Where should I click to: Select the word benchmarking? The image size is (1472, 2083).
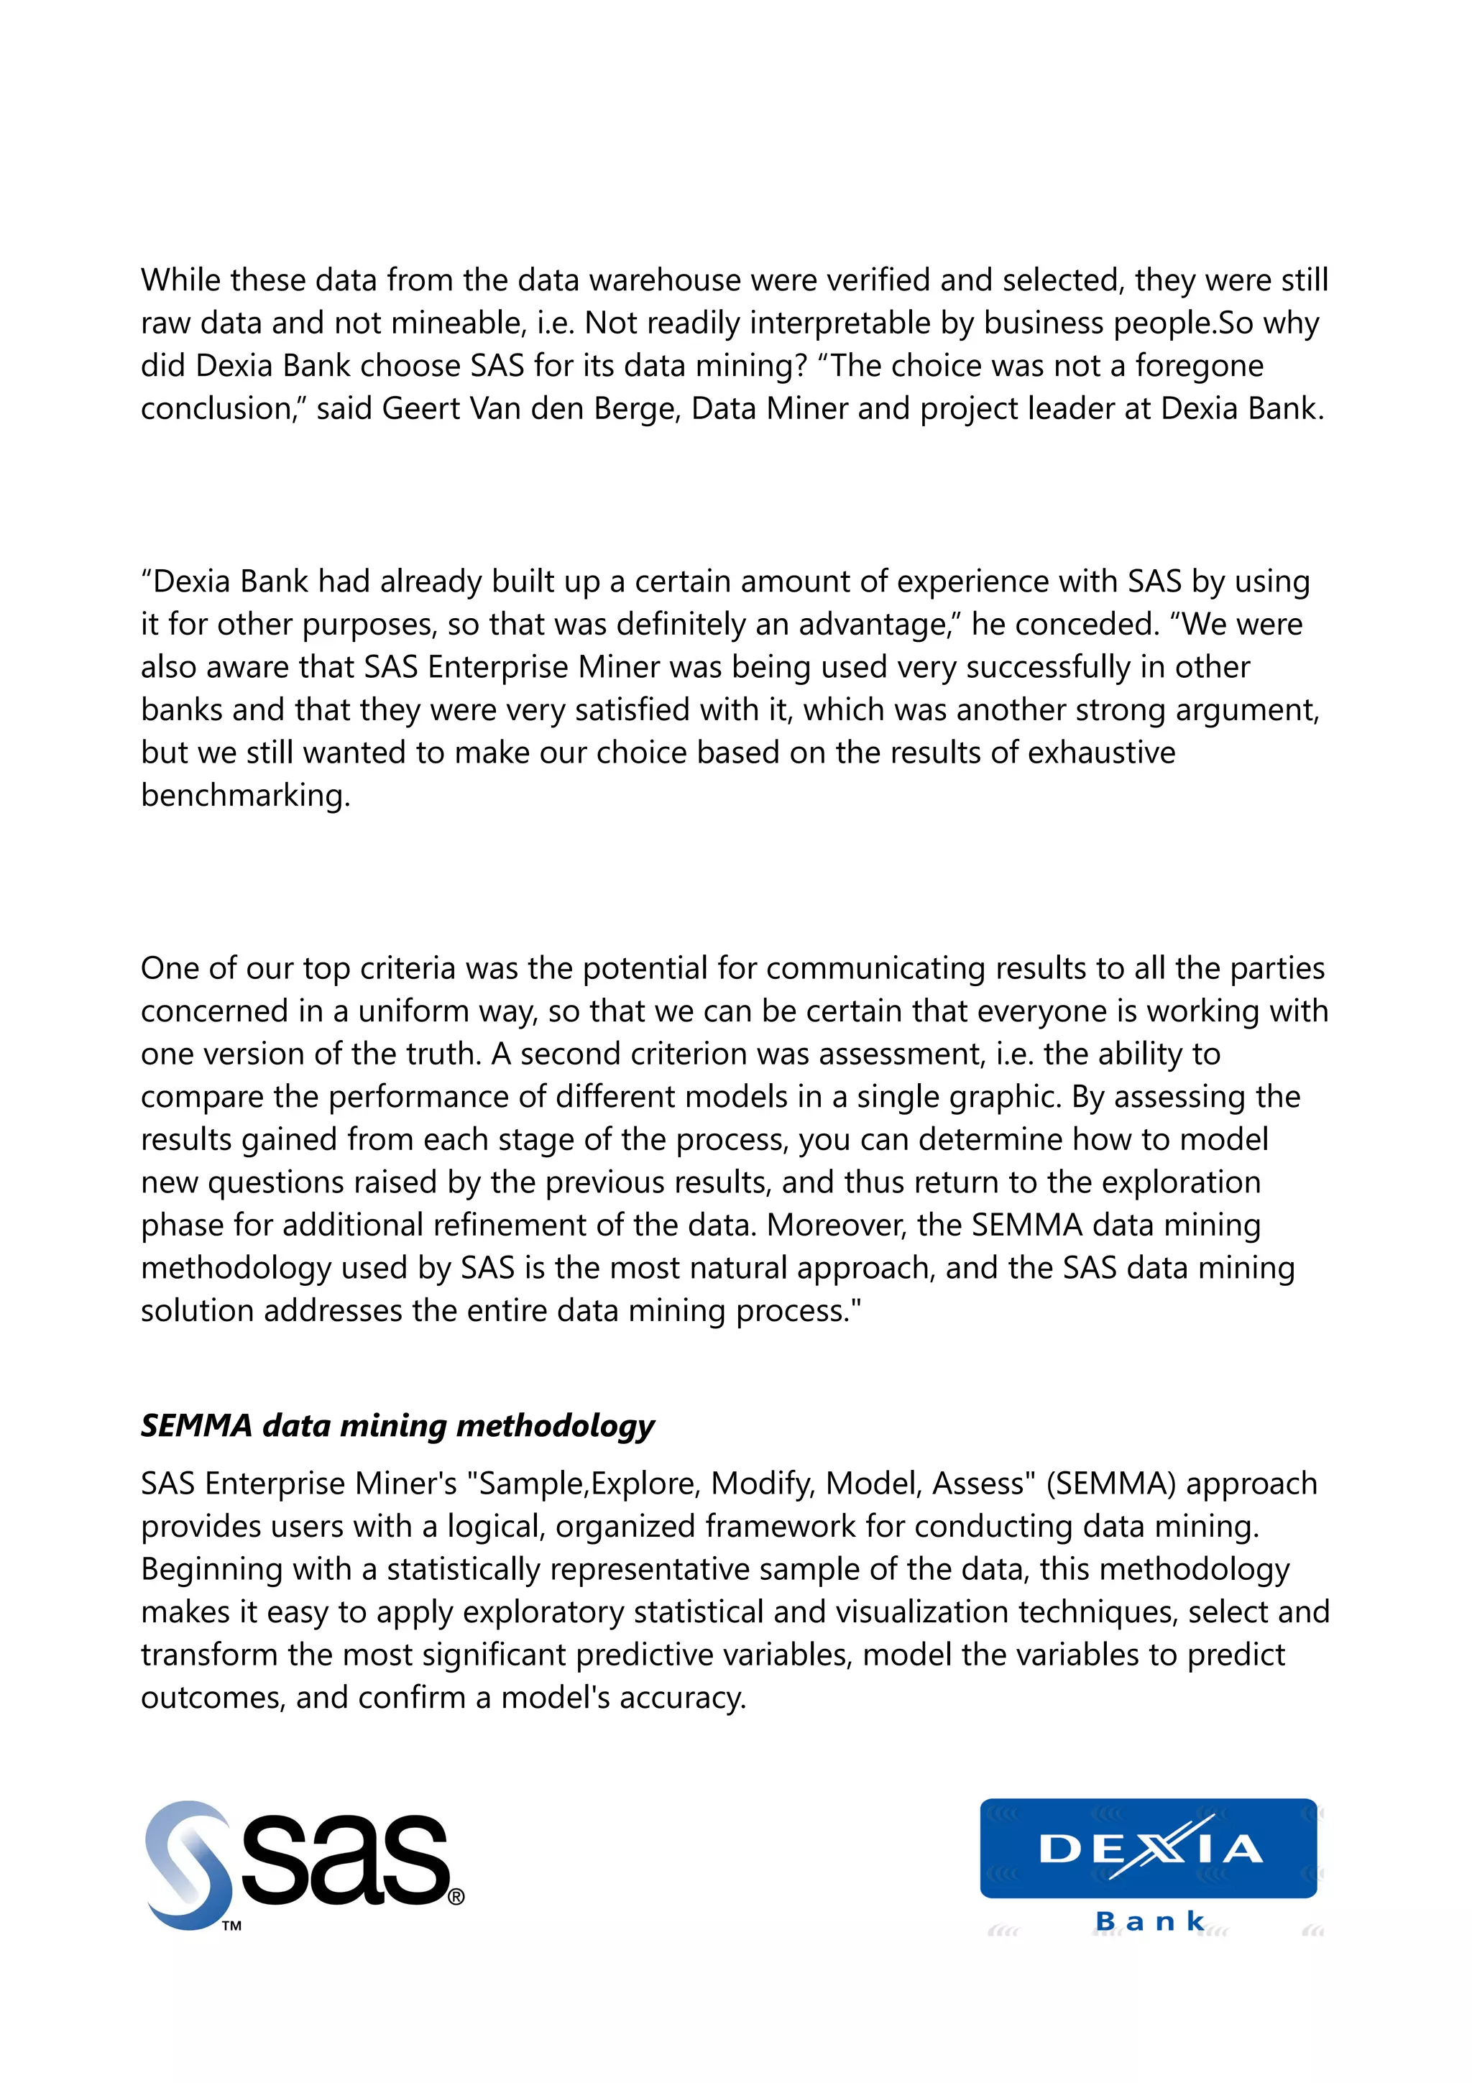click(x=245, y=796)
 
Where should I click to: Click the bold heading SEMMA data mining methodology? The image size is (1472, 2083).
click(x=397, y=1426)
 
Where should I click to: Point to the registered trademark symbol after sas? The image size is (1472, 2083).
click(x=456, y=1897)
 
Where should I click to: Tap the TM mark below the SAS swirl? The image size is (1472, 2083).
click(x=231, y=1926)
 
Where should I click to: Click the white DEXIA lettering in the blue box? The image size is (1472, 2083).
click(x=1149, y=1848)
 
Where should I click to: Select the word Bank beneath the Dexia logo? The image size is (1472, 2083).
click(x=1149, y=1921)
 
